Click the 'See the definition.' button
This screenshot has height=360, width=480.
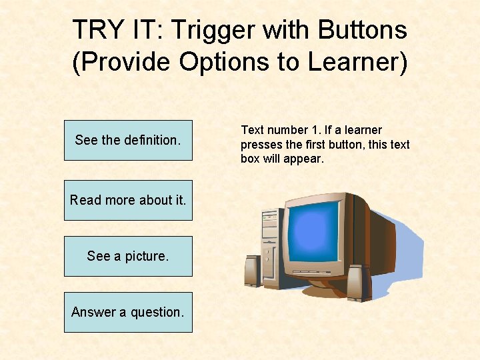coord(128,140)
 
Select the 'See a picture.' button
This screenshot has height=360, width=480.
coord(128,256)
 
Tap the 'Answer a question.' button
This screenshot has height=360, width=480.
coord(128,312)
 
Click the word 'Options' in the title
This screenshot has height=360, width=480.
coord(227,62)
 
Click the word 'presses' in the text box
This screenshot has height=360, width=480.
coord(261,145)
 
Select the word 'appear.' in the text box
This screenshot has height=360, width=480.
coord(304,159)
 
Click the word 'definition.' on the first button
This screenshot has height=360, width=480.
coord(152,140)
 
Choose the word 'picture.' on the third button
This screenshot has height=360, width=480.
coord(146,256)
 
